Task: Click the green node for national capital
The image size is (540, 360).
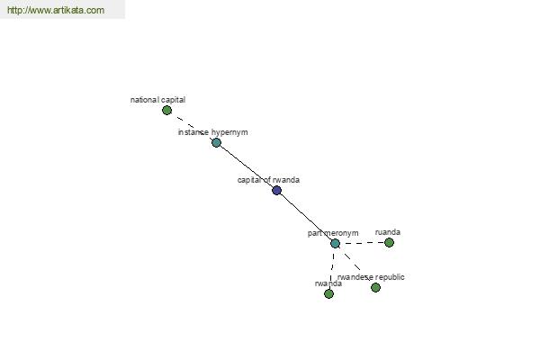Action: (x=167, y=110)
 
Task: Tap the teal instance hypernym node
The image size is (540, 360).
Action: (x=216, y=142)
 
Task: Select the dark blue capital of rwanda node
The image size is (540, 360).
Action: (x=277, y=190)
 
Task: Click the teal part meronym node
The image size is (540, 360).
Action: (x=335, y=243)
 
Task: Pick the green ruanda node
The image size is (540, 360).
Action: (x=389, y=242)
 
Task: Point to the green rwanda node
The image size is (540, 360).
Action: (x=328, y=293)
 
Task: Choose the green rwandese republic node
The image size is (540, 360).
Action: (x=375, y=287)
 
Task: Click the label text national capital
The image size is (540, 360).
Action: (x=157, y=100)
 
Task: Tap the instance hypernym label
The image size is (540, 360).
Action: (x=212, y=132)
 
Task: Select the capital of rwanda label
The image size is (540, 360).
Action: (x=268, y=180)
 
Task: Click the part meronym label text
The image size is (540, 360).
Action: (x=333, y=233)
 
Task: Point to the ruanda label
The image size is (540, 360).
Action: (x=388, y=232)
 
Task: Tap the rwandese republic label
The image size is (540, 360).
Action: (x=371, y=277)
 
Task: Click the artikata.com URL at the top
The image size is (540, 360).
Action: (x=56, y=10)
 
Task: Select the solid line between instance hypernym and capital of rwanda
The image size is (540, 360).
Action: (x=247, y=166)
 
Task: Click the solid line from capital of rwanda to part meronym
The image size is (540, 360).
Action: (x=306, y=217)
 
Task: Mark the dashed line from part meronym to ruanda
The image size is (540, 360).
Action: (x=363, y=243)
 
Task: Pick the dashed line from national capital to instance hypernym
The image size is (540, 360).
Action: (x=192, y=126)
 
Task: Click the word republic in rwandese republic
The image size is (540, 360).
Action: (x=390, y=277)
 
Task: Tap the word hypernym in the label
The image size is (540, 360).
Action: (x=229, y=132)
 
